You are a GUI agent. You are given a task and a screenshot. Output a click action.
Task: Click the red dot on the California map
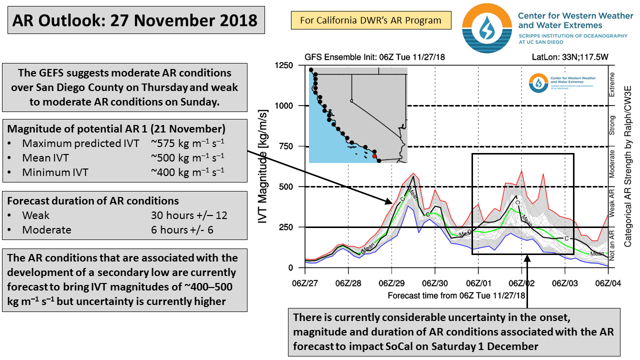click(374, 156)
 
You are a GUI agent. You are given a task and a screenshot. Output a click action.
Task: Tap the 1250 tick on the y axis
click(283, 65)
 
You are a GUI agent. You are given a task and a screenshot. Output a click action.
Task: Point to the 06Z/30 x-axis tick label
click(435, 283)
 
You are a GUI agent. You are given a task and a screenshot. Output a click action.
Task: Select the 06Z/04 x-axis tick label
click(608, 283)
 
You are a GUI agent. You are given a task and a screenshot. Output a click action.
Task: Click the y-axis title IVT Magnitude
click(262, 166)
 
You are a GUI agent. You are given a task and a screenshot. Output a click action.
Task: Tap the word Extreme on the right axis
click(611, 84)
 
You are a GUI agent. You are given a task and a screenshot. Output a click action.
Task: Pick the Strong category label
click(611, 125)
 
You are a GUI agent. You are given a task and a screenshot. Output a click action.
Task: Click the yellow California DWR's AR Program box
click(371, 20)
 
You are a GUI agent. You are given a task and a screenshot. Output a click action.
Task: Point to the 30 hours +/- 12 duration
click(189, 215)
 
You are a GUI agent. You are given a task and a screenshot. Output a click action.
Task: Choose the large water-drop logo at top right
click(487, 28)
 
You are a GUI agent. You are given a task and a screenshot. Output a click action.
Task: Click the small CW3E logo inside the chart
click(538, 83)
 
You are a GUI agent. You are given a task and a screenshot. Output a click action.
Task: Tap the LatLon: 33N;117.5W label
click(570, 57)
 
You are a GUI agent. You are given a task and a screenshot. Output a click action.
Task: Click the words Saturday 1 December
click(484, 346)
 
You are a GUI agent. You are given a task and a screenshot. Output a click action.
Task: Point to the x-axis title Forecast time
click(456, 295)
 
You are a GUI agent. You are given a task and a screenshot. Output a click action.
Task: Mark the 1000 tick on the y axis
click(283, 106)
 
